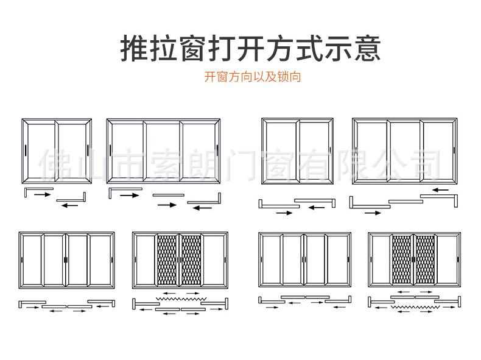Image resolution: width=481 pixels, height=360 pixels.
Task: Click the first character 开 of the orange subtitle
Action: (x=209, y=77)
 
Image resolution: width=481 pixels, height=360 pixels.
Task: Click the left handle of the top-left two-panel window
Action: (x=27, y=150)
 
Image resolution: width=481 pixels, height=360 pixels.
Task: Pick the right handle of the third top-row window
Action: (x=329, y=149)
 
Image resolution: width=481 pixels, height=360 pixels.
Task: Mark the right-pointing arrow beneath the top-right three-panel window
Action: (x=373, y=213)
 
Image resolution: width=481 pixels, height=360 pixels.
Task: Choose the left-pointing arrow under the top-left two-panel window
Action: (x=69, y=205)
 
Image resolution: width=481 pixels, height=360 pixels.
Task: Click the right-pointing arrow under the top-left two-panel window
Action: (x=42, y=194)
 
